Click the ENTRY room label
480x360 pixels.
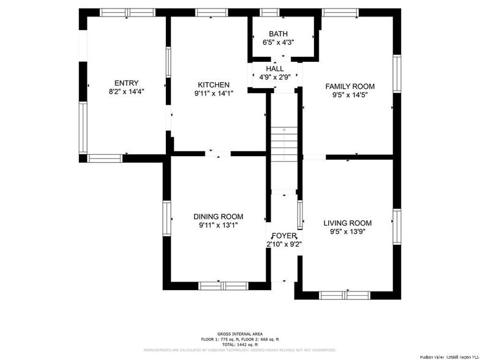point(126,83)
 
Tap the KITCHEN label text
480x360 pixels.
point(214,85)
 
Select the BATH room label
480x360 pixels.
point(279,34)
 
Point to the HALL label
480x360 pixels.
point(275,69)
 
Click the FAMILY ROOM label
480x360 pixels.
point(350,86)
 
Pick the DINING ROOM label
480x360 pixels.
point(218,217)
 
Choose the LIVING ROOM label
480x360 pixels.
point(347,223)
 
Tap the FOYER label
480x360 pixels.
point(284,236)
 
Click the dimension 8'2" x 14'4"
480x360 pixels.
point(126,92)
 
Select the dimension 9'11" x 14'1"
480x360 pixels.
point(214,94)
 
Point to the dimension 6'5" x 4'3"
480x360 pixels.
point(279,43)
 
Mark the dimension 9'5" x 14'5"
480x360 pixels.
point(350,95)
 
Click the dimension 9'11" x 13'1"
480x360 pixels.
point(218,225)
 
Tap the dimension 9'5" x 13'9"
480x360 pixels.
point(347,231)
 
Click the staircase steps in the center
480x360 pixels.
point(283,144)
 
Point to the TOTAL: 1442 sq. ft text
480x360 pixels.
point(240,344)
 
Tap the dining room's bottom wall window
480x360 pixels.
point(223,285)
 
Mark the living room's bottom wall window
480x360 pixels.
point(345,295)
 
